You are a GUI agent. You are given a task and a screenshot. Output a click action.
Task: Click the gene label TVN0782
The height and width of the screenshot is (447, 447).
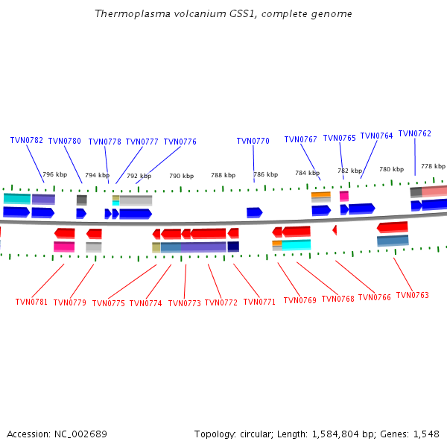(x=26, y=140)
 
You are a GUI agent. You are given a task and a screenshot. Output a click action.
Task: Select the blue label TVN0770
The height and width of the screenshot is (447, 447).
(x=253, y=141)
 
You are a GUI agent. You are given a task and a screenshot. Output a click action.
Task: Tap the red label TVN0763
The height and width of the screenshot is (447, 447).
(x=412, y=296)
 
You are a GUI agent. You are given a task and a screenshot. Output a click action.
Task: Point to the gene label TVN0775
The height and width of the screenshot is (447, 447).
(x=109, y=303)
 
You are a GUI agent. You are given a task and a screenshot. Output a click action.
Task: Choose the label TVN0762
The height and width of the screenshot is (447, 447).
(x=414, y=134)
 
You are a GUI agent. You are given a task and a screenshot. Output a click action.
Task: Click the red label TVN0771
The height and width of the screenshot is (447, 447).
(x=259, y=302)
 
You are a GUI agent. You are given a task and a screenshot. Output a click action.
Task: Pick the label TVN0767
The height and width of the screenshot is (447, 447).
(x=300, y=139)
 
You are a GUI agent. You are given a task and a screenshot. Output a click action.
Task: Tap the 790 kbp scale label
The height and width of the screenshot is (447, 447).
(x=181, y=176)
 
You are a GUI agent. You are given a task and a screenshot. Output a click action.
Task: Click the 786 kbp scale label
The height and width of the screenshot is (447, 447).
(x=265, y=174)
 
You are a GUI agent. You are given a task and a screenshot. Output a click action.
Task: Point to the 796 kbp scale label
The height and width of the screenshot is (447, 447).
(x=54, y=174)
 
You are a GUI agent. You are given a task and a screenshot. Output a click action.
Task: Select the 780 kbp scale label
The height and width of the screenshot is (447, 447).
(x=391, y=169)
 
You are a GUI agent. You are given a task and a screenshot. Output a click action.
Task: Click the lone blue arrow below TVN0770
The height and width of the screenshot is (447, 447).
(x=254, y=213)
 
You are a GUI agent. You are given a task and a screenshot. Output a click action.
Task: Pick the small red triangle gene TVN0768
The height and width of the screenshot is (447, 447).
(x=335, y=230)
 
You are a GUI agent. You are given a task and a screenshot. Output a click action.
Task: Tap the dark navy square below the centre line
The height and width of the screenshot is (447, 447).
(x=233, y=247)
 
